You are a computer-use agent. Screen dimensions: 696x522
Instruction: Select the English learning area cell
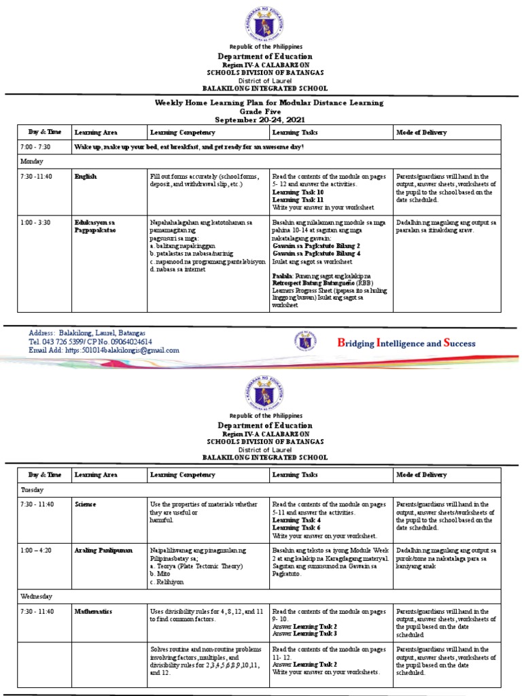[86, 177]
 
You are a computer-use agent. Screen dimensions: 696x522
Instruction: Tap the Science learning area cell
[86, 504]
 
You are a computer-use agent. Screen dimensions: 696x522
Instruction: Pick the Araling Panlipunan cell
[103, 549]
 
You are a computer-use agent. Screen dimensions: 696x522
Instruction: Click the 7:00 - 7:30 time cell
[35, 147]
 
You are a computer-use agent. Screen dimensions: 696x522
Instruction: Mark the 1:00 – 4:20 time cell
[36, 549]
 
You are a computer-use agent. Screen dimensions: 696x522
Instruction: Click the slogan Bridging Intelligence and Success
[406, 343]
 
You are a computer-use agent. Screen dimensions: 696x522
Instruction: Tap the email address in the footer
[104, 351]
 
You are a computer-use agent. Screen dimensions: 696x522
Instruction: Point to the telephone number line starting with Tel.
[90, 342]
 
